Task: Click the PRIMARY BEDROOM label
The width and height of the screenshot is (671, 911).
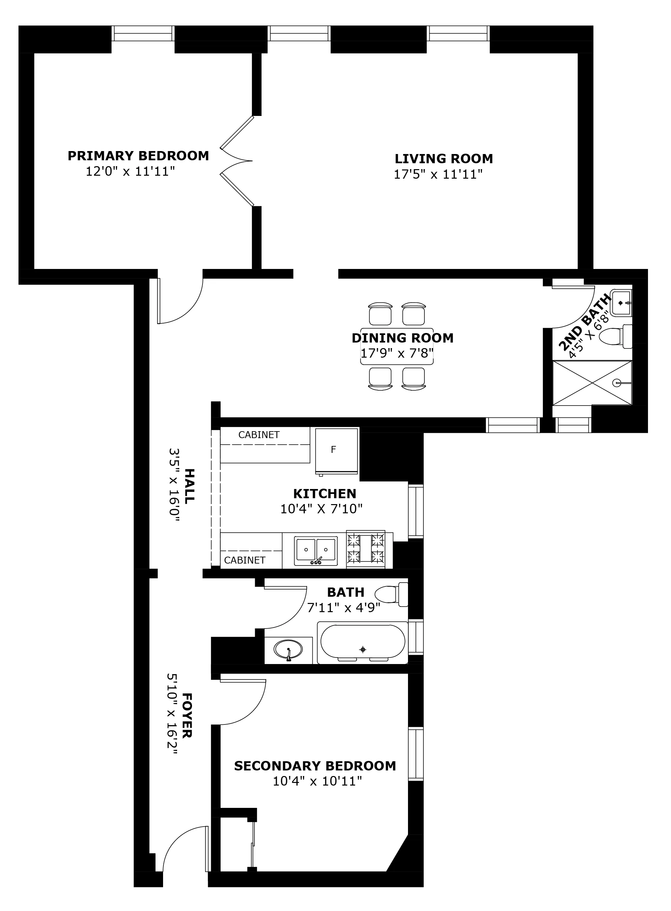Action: pyautogui.click(x=138, y=156)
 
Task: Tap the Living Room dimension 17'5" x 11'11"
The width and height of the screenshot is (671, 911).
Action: pyautogui.click(x=438, y=174)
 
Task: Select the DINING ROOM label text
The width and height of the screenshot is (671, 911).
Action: pyautogui.click(x=402, y=338)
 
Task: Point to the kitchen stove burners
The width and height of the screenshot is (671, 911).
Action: pyautogui.click(x=366, y=549)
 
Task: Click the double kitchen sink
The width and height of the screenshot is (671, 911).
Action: pyautogui.click(x=316, y=551)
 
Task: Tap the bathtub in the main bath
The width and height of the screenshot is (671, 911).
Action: pyautogui.click(x=363, y=642)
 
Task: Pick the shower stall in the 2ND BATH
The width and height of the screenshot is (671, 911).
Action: pyautogui.click(x=592, y=383)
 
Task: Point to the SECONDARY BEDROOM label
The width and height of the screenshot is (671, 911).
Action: pyautogui.click(x=315, y=766)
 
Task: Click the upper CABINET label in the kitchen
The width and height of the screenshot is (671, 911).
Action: pyautogui.click(x=259, y=435)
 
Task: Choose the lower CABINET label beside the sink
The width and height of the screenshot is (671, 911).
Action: pyautogui.click(x=245, y=560)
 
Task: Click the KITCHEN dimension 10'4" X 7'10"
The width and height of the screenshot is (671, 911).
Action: pyautogui.click(x=321, y=509)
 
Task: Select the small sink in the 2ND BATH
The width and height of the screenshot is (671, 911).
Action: pyautogui.click(x=621, y=302)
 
